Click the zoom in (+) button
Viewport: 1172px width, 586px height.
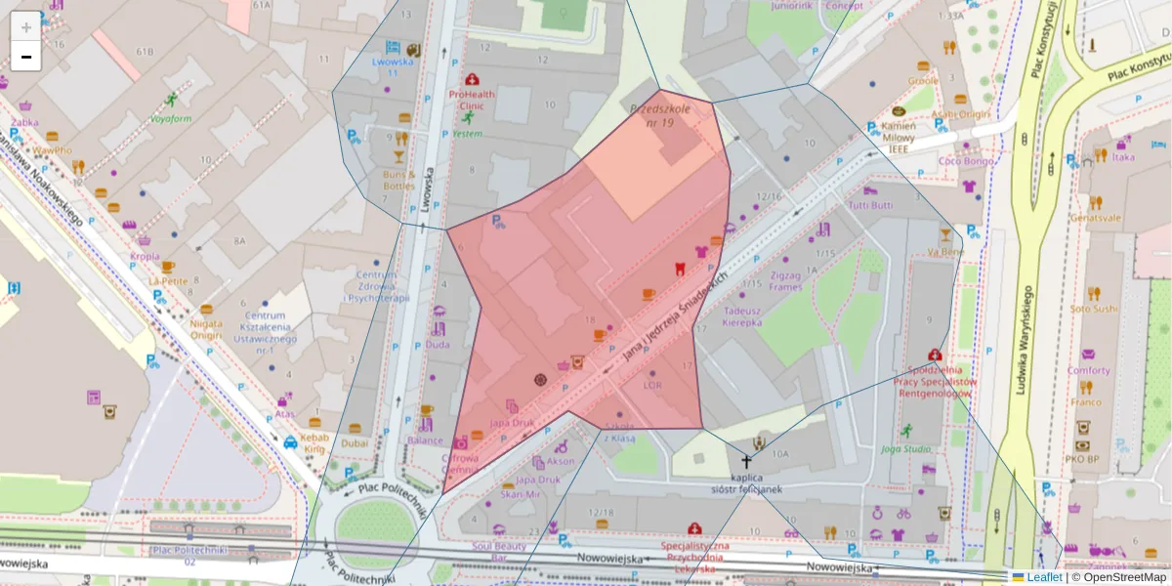point(26,27)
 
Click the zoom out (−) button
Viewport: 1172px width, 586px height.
point(26,57)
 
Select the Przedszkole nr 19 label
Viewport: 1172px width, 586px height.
point(660,115)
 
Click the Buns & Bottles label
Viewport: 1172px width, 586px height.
point(398,180)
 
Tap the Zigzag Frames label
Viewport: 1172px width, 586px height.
point(785,281)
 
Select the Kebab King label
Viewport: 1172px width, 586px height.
point(314,443)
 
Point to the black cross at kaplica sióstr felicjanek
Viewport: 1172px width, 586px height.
point(747,461)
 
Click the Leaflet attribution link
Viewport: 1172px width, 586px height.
point(1044,577)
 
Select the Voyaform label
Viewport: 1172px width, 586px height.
point(171,119)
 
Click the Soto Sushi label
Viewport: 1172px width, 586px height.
point(1093,309)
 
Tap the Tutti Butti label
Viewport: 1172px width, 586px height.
point(870,206)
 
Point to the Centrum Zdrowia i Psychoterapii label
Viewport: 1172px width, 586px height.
point(376,286)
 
